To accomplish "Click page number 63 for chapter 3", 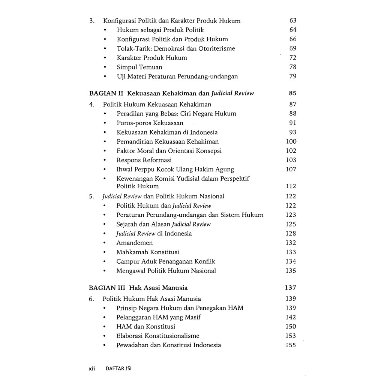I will tap(293, 21).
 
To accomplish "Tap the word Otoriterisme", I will tap(217, 48).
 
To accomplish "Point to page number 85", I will tap(292, 93).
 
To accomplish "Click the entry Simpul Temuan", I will tap(139, 67).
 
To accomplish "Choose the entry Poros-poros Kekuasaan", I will tap(150, 123).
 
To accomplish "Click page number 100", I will tap(291, 141).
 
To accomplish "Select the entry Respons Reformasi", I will tap(144, 160).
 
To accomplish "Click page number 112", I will tap(291, 186).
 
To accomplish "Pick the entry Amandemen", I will tap(135, 243).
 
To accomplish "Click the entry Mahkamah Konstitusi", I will tap(148, 252).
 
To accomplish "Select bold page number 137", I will tap(290, 288).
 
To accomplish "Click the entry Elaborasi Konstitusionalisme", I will tap(158, 336).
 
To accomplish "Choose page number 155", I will tap(291, 345).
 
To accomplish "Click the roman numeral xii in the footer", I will tap(92, 369).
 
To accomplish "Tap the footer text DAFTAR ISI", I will tap(119, 369).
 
